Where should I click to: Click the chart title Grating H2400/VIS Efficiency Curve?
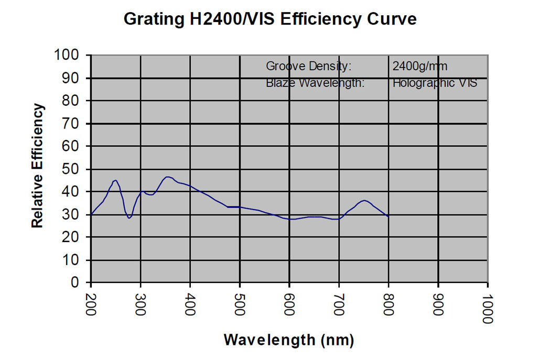click(x=270, y=19)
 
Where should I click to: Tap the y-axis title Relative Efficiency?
click(x=37, y=166)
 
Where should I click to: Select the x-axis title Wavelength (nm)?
click(x=289, y=340)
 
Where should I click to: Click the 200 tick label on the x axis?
click(x=91, y=304)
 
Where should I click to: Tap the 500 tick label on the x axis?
click(x=240, y=304)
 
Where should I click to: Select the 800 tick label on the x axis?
click(x=388, y=304)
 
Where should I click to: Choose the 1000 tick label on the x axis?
click(x=488, y=307)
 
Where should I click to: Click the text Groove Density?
click(x=308, y=67)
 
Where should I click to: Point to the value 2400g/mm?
click(x=420, y=67)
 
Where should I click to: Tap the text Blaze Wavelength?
click(x=315, y=82)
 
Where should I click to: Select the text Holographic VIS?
click(x=435, y=82)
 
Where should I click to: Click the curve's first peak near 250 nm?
click(x=115, y=180)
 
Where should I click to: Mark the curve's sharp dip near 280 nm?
click(x=129, y=218)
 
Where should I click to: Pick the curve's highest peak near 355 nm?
click(x=167, y=177)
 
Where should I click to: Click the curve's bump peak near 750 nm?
click(x=364, y=200)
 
